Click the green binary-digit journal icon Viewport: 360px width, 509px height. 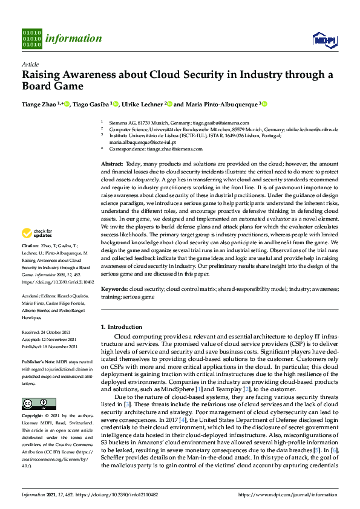coord(31,38)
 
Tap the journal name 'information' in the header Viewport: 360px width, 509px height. coord(73,39)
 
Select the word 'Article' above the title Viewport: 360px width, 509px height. coord(30,64)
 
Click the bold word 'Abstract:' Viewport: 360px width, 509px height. coord(112,164)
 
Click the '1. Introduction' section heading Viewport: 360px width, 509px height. coord(122,327)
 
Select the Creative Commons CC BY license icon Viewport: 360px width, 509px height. coord(34,403)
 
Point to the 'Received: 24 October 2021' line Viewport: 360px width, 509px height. coord(46,332)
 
